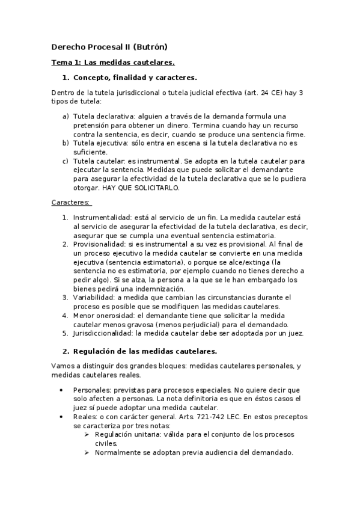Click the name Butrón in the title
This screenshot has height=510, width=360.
(x=150, y=46)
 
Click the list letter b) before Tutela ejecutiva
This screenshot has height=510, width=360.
(x=66, y=143)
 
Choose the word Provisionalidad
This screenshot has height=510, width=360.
(x=100, y=244)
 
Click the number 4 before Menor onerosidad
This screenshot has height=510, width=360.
(x=66, y=315)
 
